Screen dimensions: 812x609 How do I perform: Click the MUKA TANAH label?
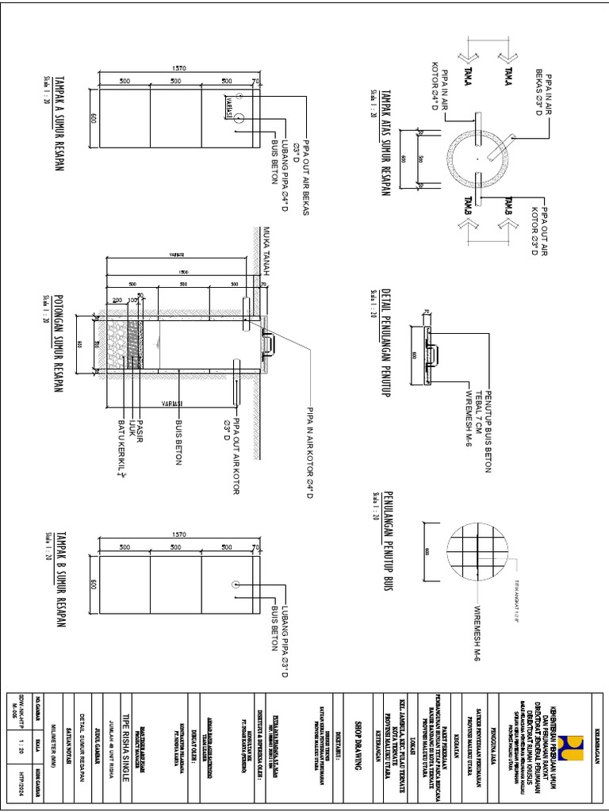268,251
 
